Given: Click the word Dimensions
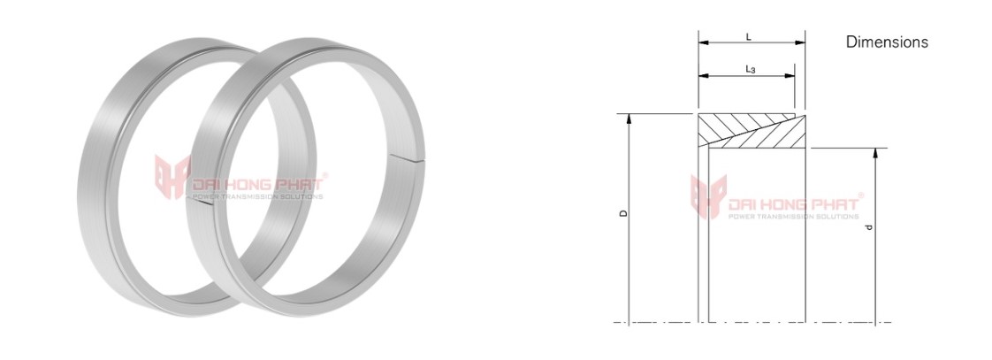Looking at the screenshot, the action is click(x=887, y=42).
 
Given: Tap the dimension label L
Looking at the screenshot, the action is click(x=749, y=37).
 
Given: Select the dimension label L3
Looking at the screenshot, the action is click(x=751, y=70).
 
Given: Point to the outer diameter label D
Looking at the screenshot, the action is click(x=623, y=214).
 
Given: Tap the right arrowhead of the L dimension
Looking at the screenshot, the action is click(x=800, y=43).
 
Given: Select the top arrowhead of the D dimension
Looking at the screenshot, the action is click(x=629, y=119).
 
